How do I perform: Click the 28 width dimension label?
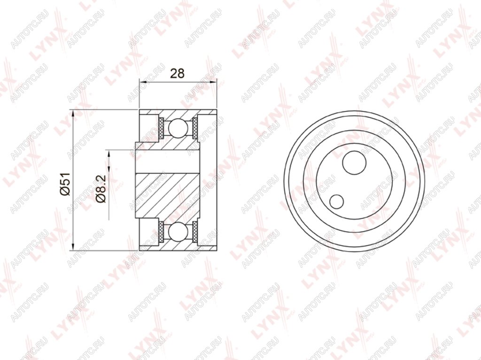tap(177, 74)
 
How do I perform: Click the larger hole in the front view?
tap(354, 163)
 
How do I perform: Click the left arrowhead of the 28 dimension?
tap(143, 82)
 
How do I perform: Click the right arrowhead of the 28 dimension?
tap(213, 82)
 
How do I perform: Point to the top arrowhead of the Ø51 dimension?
tap(73, 114)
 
